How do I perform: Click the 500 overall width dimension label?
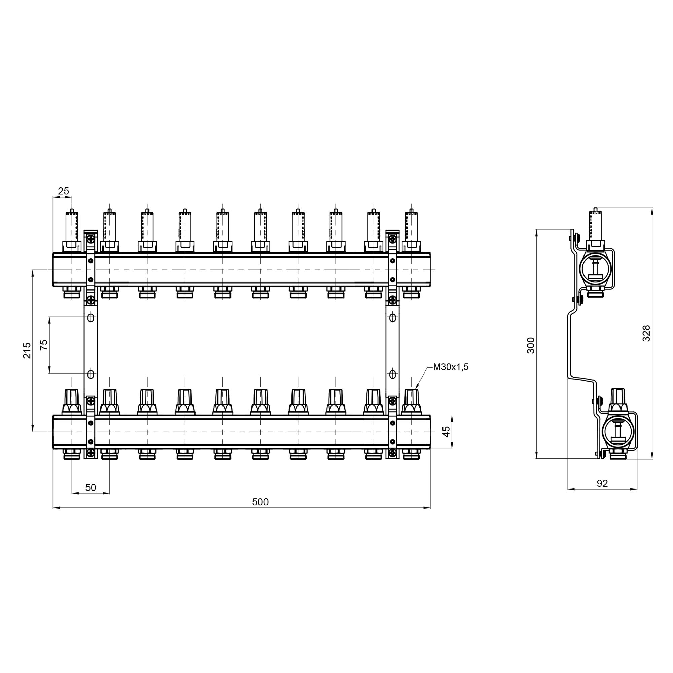coord(260,502)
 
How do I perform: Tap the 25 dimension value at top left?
coord(63,191)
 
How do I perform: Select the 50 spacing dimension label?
coord(91,487)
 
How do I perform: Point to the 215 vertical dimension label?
coord(27,350)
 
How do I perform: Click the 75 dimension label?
coord(43,345)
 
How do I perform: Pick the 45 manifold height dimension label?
coord(446,432)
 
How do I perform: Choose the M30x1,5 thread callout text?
coord(451,367)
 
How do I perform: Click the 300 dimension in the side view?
coord(531,345)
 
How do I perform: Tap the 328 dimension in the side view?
coord(646,333)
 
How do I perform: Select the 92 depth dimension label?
coord(602,483)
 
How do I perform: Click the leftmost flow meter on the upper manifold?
coord(72,230)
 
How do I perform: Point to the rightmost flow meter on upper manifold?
coord(412,230)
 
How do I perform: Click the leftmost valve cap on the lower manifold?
coord(72,402)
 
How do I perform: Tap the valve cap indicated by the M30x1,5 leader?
coord(412,402)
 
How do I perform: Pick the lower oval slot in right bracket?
coord(392,375)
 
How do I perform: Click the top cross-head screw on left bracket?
coord(91,239)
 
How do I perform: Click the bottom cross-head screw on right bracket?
coord(392,453)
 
